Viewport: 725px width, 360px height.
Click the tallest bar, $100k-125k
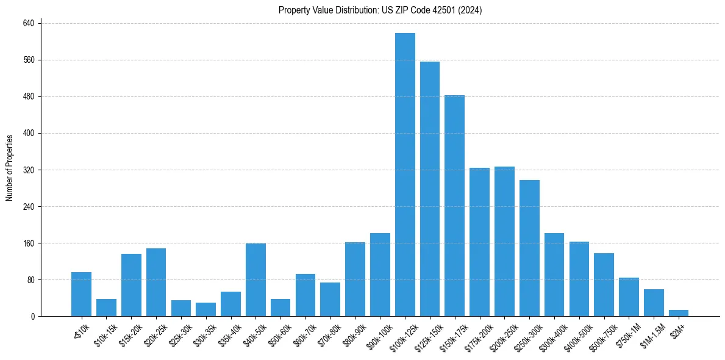(x=405, y=175)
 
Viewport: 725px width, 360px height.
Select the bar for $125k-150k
(x=430, y=189)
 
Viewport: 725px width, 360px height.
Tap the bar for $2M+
(x=679, y=313)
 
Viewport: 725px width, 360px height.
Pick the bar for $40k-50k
(x=255, y=279)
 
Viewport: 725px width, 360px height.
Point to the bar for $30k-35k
(x=205, y=309)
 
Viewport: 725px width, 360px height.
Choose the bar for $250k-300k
(x=529, y=248)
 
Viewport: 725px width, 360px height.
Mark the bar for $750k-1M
(x=629, y=297)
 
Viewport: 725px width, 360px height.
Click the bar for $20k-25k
(x=156, y=282)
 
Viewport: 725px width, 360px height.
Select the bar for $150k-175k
(x=455, y=206)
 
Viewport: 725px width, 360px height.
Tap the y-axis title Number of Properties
(x=9, y=168)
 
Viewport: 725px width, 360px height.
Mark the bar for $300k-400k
(x=554, y=275)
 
